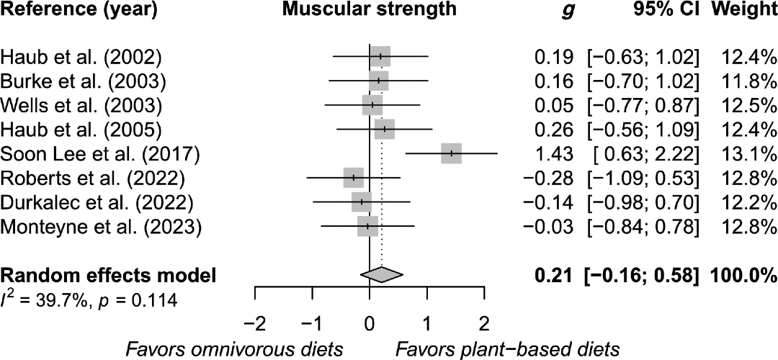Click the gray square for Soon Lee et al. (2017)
click(x=451, y=153)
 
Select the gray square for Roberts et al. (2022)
click(x=354, y=177)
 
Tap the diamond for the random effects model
click(x=381, y=274)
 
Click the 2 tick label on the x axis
click(x=484, y=320)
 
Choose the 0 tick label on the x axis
click(x=370, y=320)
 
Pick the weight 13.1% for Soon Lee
click(x=751, y=153)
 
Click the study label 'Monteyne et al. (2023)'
click(x=101, y=227)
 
